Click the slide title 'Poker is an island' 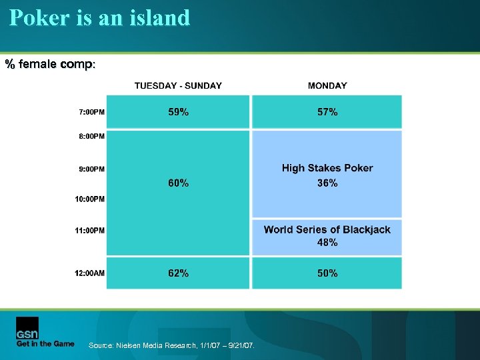point(100,17)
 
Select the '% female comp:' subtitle point(51,65)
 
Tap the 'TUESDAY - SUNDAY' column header point(178,85)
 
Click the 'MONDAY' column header point(327,85)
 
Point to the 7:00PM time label point(91,112)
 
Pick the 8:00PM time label point(91,136)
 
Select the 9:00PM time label point(91,169)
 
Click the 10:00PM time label point(90,199)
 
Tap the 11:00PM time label point(90,231)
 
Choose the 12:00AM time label point(90,273)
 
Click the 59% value point(178,112)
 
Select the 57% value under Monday point(327,112)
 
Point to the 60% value point(178,183)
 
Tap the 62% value point(178,273)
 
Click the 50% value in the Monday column point(327,273)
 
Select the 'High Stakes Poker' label point(327,168)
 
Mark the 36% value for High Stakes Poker point(327,183)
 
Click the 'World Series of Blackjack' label point(327,229)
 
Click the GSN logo point(27,328)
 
